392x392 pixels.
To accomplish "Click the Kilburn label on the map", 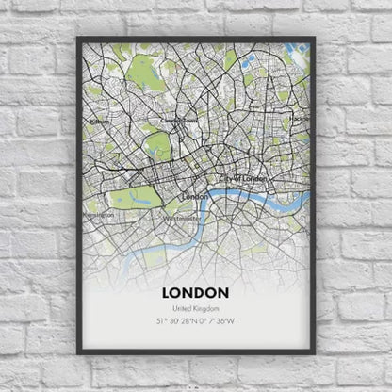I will coord(99,122).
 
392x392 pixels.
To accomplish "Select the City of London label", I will coord(242,177).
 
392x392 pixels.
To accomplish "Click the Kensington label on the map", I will coord(100,215).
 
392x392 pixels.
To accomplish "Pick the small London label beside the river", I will coord(195,196).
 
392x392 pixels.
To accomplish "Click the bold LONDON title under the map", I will coord(196,292).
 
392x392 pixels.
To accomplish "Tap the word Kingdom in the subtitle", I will coord(207,310).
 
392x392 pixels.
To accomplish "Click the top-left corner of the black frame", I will coord(78,38).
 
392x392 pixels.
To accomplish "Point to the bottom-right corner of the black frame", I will coord(315,353).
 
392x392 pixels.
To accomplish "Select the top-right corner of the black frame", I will coord(315,38).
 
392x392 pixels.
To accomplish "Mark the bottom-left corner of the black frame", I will coord(78,353).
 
